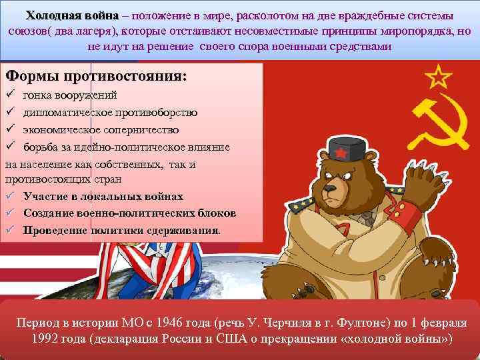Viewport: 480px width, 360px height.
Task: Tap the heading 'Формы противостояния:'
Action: (96, 75)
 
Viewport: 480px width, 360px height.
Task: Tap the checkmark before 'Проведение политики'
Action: (9, 230)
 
